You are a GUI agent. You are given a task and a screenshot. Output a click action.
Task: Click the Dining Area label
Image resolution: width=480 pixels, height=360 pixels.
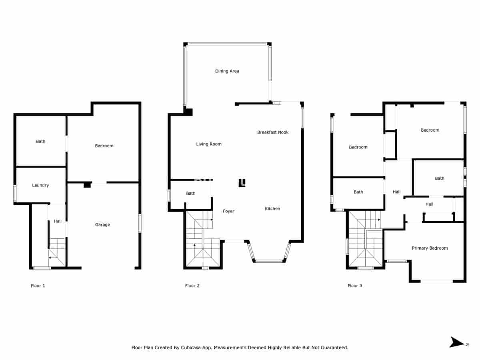[227, 71]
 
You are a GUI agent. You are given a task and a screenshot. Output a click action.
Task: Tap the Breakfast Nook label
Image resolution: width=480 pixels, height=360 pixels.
[273, 132]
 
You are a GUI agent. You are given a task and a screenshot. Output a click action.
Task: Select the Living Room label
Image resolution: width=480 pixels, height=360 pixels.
[209, 144]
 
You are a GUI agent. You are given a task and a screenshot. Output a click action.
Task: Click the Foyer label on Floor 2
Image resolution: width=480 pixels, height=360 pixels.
[228, 211]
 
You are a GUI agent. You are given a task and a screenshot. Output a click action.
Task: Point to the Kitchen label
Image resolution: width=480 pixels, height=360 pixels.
[272, 209]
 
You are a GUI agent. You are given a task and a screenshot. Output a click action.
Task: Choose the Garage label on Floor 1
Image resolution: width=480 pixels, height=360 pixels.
[102, 225]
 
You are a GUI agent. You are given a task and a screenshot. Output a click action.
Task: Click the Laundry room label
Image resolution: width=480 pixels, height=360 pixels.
[40, 185]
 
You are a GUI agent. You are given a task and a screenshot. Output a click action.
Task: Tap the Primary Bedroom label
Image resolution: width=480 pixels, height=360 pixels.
[430, 248]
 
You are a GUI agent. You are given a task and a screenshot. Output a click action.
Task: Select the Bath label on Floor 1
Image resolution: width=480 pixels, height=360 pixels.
[41, 142]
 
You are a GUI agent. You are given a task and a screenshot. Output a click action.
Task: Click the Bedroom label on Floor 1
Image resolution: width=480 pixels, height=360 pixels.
[104, 146]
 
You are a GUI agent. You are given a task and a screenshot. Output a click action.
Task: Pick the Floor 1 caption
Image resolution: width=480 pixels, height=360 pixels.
[38, 286]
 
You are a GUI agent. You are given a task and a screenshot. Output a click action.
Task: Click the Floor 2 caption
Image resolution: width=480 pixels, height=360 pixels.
[192, 286]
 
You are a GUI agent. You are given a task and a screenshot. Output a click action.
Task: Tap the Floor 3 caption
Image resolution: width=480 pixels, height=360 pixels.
[355, 286]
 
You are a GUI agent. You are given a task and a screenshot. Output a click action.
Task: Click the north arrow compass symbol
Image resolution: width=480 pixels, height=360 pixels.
[457, 342]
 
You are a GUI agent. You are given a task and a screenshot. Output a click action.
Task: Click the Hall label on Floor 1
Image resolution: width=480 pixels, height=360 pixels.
[58, 221]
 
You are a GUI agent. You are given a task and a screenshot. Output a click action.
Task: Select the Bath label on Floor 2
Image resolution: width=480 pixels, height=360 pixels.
[191, 194]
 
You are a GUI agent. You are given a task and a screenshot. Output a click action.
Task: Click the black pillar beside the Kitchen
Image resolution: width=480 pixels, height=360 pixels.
[242, 182]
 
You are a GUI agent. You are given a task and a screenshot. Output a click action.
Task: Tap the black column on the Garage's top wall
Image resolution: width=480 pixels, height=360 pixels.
[87, 185]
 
